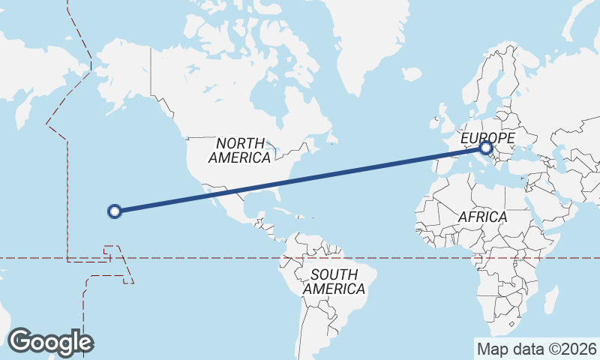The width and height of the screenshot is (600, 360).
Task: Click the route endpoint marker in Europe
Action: click(x=487, y=148)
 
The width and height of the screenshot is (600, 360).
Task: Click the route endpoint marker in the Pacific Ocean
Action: click(x=115, y=211)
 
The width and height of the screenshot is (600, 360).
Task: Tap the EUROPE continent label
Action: click(x=487, y=138)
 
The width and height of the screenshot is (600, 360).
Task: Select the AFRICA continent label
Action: click(x=482, y=217)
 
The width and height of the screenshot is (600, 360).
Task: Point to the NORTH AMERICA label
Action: click(x=240, y=150)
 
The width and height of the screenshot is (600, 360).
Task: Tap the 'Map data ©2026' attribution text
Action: click(x=536, y=349)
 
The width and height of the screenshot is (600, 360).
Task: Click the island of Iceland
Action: click(x=411, y=74)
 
